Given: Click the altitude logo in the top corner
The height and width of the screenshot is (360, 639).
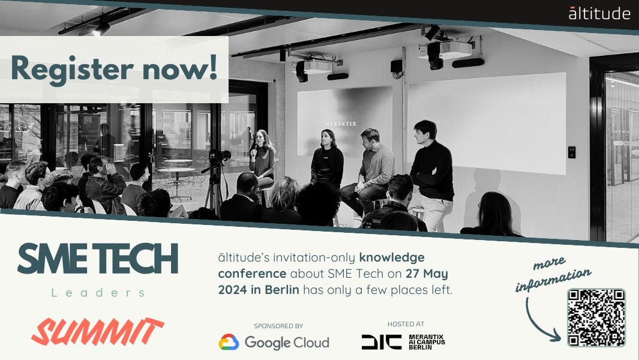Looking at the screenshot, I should point(599,13).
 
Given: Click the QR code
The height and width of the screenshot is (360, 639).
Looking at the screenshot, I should point(596,317).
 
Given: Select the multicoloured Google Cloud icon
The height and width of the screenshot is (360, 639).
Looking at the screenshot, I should point(229,343).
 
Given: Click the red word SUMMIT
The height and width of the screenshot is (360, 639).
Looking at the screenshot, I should point(97,332).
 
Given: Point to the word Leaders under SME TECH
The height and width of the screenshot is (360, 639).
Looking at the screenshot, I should point(98,293).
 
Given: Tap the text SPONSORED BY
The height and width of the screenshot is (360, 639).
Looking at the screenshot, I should point(278,326).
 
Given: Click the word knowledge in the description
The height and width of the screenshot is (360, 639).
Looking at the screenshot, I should point(392,258).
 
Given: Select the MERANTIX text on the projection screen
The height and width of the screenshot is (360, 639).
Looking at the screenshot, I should point(340,124).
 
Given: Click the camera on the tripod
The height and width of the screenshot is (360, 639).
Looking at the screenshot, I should point(218,157).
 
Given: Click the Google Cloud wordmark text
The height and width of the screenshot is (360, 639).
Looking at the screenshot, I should point(287,343).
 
